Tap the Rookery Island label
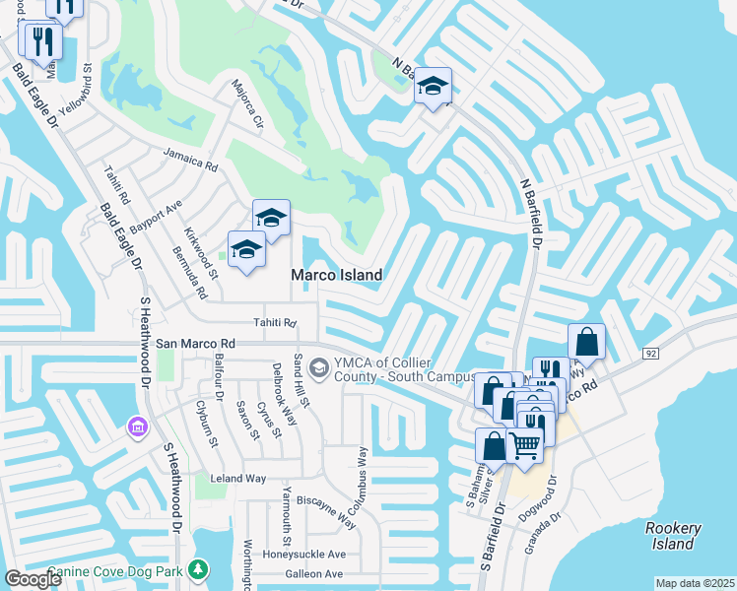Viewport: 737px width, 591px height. point(673,536)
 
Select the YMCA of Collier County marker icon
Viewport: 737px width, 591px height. point(318,367)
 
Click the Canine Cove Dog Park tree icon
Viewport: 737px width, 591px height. point(198,569)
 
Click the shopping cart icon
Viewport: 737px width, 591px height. point(524,444)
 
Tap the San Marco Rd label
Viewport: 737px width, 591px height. point(195,343)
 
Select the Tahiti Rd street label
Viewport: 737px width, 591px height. point(275,323)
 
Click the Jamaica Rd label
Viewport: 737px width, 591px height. point(189,161)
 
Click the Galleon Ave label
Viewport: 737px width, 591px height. point(313,574)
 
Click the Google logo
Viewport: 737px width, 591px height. point(33,579)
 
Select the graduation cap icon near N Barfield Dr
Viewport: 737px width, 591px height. point(433,86)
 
